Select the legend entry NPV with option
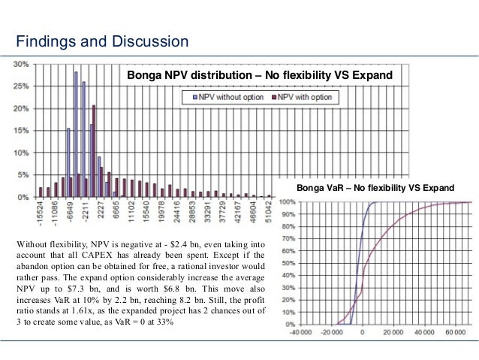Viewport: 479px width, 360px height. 305,98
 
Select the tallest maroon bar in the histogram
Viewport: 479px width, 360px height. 94,150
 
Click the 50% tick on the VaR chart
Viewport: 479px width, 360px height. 288,263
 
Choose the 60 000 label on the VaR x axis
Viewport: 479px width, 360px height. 454,331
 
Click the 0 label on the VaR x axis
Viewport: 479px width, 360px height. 362,331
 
